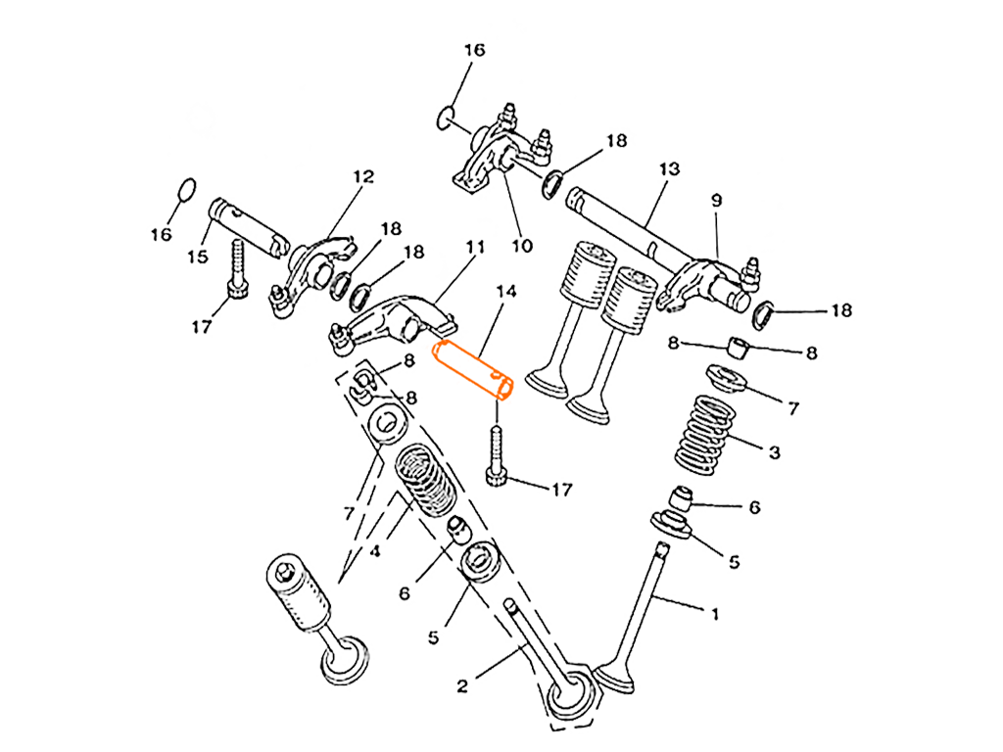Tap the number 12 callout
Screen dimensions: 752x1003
364,177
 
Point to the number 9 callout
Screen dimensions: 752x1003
717,201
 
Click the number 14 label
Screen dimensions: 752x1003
507,291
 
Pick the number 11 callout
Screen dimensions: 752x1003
475,250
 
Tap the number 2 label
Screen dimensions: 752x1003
461,686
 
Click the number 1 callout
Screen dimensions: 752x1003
713,614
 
